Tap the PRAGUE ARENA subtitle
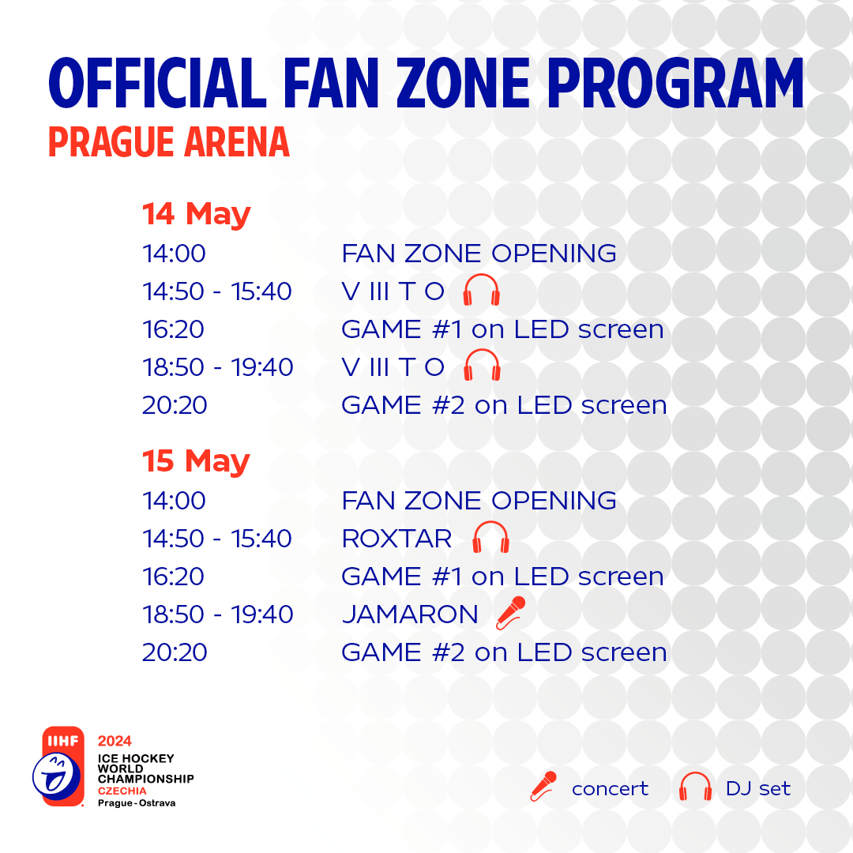pyautogui.click(x=169, y=142)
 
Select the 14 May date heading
pyautogui.click(x=197, y=214)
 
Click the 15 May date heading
pyautogui.click(x=196, y=462)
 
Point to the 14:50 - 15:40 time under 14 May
pyautogui.click(x=217, y=291)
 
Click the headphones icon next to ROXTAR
pyautogui.click(x=490, y=538)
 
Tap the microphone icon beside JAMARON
pyautogui.click(x=511, y=613)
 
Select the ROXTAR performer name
pyautogui.click(x=396, y=539)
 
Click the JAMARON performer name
pyautogui.click(x=410, y=614)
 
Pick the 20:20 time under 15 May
pyautogui.click(x=175, y=652)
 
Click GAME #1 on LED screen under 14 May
pyautogui.click(x=502, y=329)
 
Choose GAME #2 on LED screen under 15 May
pyautogui.click(x=504, y=652)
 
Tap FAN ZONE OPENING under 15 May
pyautogui.click(x=479, y=501)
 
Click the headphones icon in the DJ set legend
pyautogui.click(x=695, y=787)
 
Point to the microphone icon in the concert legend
pyautogui.click(x=543, y=787)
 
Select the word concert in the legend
pyautogui.click(x=610, y=789)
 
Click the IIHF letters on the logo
pyautogui.click(x=63, y=740)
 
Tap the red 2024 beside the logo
pyautogui.click(x=115, y=741)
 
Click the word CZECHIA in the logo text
pyautogui.click(x=122, y=791)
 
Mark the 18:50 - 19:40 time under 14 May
pyautogui.click(x=218, y=367)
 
